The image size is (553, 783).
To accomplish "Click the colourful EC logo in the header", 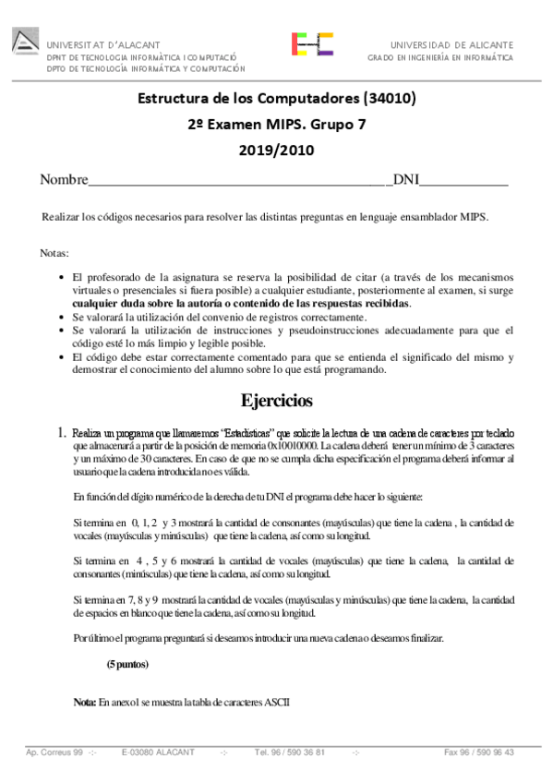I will [x=312, y=44].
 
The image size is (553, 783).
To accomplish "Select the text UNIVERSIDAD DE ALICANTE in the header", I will [x=452, y=44].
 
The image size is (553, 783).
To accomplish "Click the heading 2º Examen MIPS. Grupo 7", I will [x=277, y=124].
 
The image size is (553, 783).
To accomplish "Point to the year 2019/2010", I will [x=277, y=150].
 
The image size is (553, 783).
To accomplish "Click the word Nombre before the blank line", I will [x=63, y=179].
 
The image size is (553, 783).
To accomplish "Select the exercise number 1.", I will [x=61, y=432].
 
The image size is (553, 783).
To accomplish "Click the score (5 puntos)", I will [x=127, y=664].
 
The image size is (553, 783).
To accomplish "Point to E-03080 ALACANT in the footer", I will [x=158, y=753].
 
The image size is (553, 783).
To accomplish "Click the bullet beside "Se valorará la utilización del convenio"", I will [x=61, y=318].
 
